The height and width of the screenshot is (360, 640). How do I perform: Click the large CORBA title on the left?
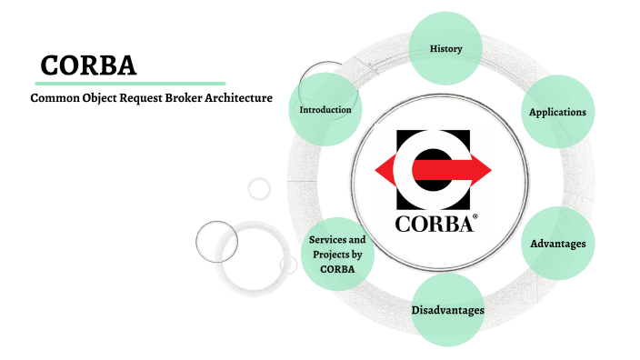pos(88,66)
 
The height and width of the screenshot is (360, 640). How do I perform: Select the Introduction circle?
pos(325,110)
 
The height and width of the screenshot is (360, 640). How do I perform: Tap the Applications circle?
pos(557,112)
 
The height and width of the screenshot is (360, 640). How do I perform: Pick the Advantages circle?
pos(557,244)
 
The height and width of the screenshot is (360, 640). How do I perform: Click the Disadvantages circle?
pos(447,310)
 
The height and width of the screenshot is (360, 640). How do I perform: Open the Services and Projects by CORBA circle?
pos(337,255)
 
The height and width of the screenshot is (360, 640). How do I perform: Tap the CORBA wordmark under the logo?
pos(434,223)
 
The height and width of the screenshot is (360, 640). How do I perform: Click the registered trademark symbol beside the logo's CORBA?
pos(475,217)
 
